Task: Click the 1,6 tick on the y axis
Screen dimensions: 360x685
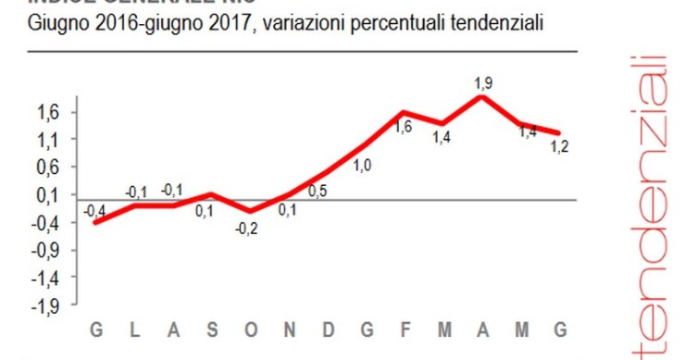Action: click(46, 112)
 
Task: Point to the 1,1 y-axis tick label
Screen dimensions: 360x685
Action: click(46, 140)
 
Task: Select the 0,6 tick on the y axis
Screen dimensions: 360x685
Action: click(46, 168)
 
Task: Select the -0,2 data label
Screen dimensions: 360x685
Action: click(247, 229)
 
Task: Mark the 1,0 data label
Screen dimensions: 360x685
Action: click(363, 166)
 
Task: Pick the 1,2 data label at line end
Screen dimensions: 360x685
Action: click(558, 145)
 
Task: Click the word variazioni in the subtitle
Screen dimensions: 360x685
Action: click(302, 24)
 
